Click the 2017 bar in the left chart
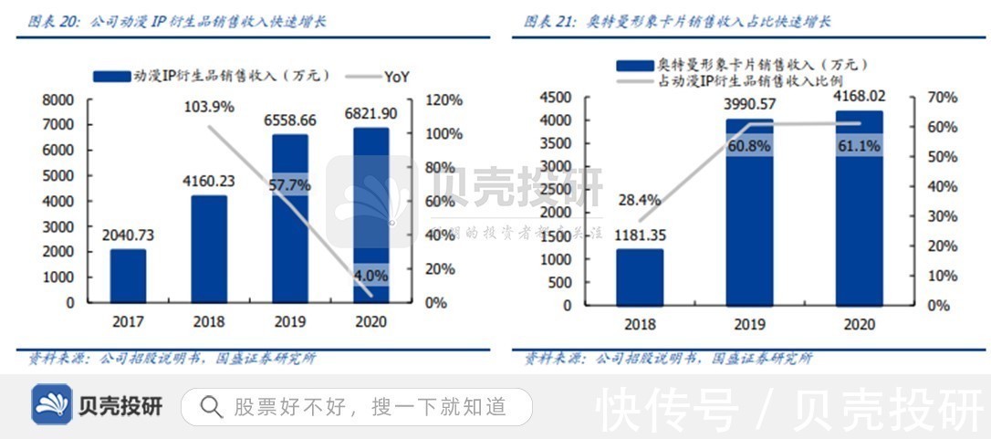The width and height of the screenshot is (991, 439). coord(128,276)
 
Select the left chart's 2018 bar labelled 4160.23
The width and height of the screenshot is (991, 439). coord(208,248)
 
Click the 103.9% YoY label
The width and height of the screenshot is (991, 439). coord(209,107)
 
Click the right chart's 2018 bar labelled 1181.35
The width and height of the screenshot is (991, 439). coord(639,277)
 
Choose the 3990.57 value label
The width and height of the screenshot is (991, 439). coord(749,104)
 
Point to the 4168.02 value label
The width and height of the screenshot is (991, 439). coord(859,96)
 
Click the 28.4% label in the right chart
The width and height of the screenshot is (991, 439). coord(639,200)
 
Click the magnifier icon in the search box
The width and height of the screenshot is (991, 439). coord(211,407)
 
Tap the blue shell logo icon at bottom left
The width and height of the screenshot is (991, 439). coord(52,405)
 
